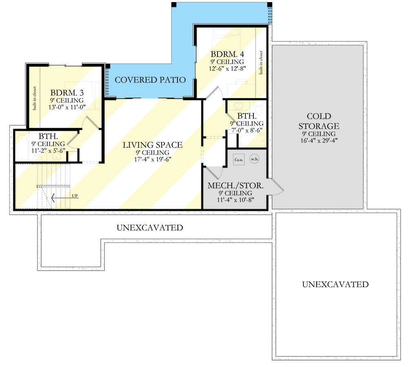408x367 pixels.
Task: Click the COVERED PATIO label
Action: tap(151, 80)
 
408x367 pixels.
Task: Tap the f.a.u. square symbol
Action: tap(239, 159)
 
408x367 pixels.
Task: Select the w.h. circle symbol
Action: tap(254, 159)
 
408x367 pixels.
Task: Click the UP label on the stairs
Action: tap(75, 196)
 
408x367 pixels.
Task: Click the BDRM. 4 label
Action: tap(226, 54)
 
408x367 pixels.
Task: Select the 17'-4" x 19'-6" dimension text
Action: tap(153, 160)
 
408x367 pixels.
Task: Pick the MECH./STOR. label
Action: tap(235, 186)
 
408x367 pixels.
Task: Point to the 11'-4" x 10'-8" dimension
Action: tap(235, 200)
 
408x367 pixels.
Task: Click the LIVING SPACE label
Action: tap(153, 145)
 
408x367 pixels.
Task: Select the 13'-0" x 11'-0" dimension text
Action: tap(67, 107)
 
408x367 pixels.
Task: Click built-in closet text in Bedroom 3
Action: tap(35, 98)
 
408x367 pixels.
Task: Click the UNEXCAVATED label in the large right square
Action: tap(335, 284)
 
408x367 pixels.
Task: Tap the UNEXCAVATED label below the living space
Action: tap(149, 227)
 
